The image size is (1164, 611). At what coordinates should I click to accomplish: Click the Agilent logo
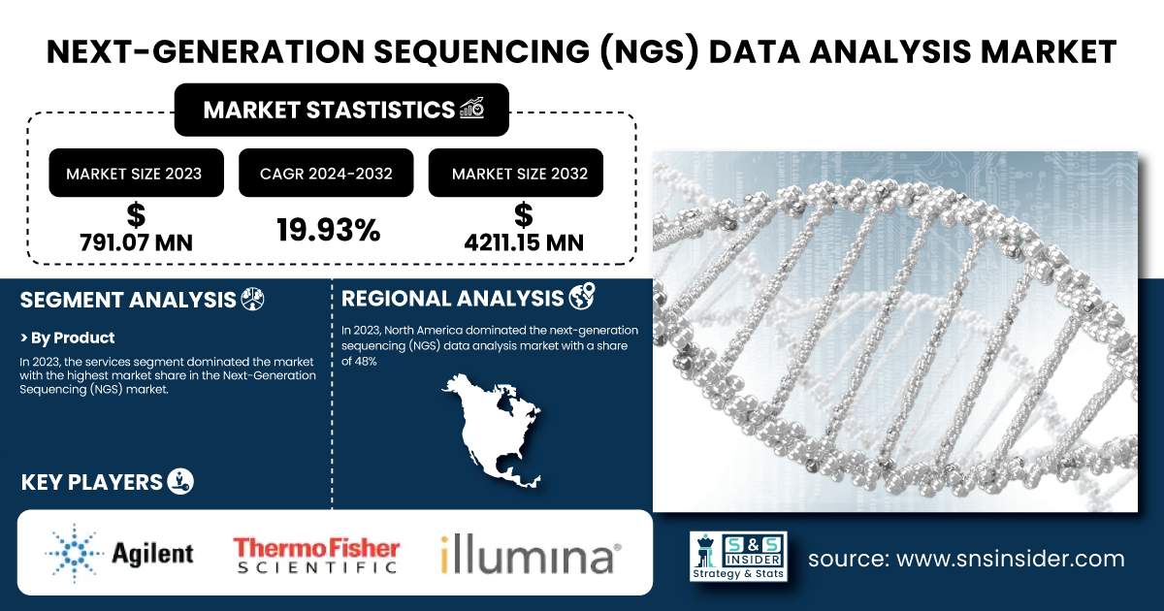pyautogui.click(x=119, y=554)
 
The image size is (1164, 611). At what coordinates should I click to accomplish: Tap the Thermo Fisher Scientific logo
pyautogui.click(x=316, y=556)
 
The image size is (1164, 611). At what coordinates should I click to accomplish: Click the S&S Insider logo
pyautogui.click(x=738, y=556)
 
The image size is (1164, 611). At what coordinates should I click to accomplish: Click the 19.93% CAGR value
pyautogui.click(x=329, y=230)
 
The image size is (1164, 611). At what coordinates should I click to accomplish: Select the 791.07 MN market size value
pyautogui.click(x=136, y=242)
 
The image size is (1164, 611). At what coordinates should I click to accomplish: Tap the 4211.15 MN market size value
pyautogui.click(x=524, y=242)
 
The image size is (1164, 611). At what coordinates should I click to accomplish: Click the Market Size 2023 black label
pyautogui.click(x=136, y=173)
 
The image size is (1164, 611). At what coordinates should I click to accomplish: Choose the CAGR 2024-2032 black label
pyautogui.click(x=326, y=173)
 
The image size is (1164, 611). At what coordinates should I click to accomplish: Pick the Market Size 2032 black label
pyautogui.click(x=515, y=173)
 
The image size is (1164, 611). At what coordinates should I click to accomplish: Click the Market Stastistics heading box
pyautogui.click(x=341, y=110)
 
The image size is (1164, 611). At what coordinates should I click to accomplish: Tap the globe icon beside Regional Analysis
pyautogui.click(x=582, y=297)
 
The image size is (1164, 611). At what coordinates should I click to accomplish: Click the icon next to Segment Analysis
pyautogui.click(x=252, y=300)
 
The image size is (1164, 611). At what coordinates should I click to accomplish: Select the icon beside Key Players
pyautogui.click(x=180, y=481)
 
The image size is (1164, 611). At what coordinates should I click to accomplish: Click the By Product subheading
pyautogui.click(x=67, y=338)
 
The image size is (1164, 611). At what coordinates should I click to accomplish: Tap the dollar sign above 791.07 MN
pyautogui.click(x=136, y=215)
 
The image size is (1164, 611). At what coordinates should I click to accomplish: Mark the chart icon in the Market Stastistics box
pyautogui.click(x=471, y=108)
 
